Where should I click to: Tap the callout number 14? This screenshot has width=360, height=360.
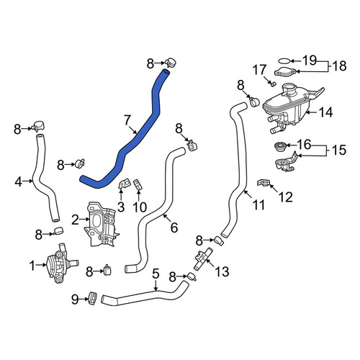pos(325,112)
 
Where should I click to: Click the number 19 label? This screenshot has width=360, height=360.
pos(310,60)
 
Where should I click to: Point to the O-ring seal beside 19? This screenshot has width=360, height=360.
pos(284,61)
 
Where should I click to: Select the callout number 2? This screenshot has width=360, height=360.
pos(75,220)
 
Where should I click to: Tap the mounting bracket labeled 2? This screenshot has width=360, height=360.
pos(101,225)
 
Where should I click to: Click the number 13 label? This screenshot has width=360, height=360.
pos(222,271)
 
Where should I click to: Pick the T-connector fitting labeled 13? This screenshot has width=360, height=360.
pos(202,259)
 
